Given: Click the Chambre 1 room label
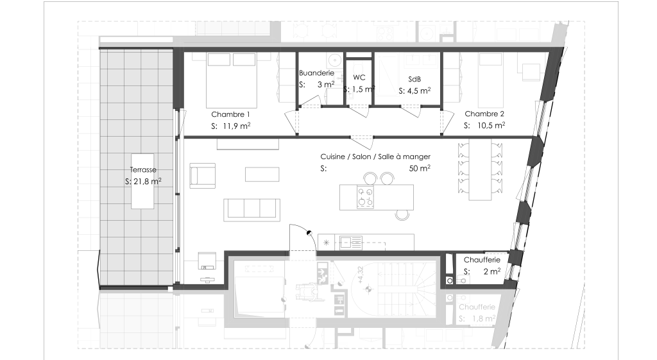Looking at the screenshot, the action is [230, 114].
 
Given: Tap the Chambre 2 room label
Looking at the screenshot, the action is [484, 114].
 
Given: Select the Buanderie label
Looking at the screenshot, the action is [316, 73].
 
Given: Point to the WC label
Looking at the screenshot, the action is [359, 78].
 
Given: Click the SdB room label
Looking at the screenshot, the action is [414, 79].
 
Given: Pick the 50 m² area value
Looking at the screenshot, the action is [420, 168].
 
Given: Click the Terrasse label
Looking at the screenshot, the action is [143, 169].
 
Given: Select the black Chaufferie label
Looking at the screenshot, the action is [482, 260].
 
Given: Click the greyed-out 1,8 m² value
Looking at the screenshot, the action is [484, 318].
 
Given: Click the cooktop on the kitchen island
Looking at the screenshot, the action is [364, 197].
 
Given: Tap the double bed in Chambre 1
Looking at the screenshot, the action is [231, 80].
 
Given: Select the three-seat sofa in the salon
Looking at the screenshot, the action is [252, 210].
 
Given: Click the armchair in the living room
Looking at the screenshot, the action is [202, 176].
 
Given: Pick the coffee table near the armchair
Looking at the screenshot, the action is [262, 175].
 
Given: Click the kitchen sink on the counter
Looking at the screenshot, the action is [351, 243].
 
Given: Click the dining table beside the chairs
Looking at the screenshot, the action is [480, 169].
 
